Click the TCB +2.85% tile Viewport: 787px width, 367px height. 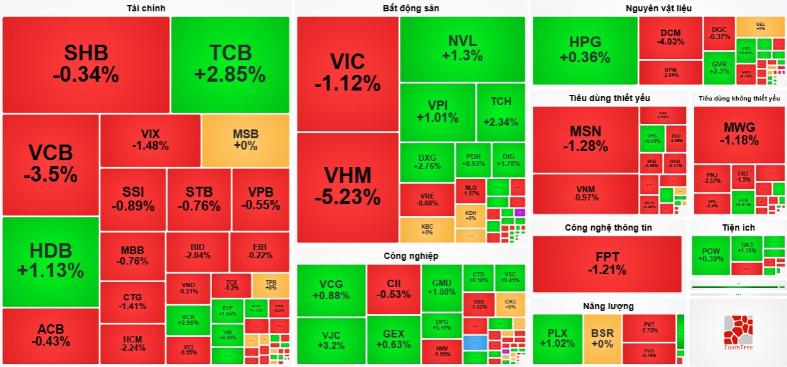click(230, 64)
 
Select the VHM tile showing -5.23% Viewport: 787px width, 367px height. click(347, 187)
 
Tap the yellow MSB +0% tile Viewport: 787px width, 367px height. click(245, 140)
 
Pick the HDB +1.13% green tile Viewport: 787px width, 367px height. click(50, 261)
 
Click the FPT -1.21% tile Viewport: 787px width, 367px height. click(607, 263)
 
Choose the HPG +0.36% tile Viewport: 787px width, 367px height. click(585, 50)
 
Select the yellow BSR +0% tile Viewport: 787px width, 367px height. click(602, 338)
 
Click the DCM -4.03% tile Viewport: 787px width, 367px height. click(670, 37)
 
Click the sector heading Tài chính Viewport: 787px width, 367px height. click(146, 8)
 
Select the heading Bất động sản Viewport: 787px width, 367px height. click(410, 8)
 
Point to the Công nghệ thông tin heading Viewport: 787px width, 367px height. click(606, 227)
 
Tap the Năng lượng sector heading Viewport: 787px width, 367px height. click(608, 306)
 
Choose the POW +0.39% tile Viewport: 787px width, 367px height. click(710, 255)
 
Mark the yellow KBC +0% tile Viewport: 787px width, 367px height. click(427, 229)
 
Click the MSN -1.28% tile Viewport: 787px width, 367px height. click(585, 139)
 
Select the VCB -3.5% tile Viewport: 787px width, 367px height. click(50, 163)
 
